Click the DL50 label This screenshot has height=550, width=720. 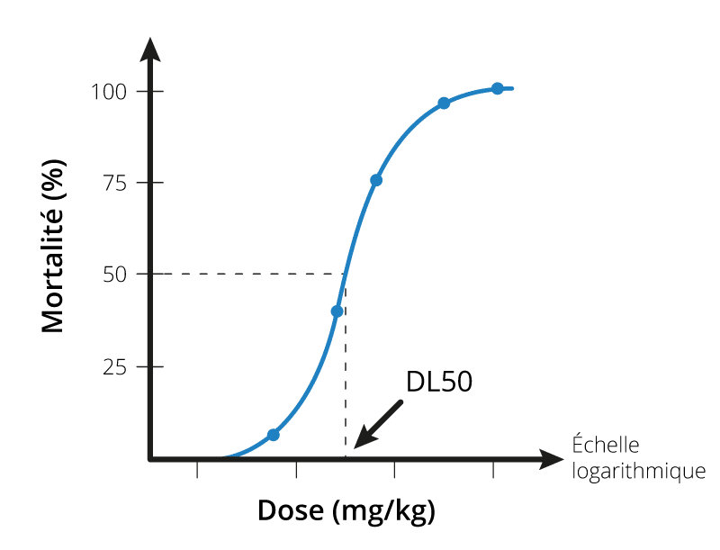[439, 382]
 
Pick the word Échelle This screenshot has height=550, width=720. [606, 445]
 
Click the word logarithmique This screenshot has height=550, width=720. [639, 470]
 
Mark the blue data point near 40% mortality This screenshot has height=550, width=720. [337, 311]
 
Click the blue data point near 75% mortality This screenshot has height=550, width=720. [376, 180]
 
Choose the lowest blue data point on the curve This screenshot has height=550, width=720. [274, 435]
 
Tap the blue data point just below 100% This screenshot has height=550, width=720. [444, 104]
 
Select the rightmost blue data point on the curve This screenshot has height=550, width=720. [497, 88]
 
